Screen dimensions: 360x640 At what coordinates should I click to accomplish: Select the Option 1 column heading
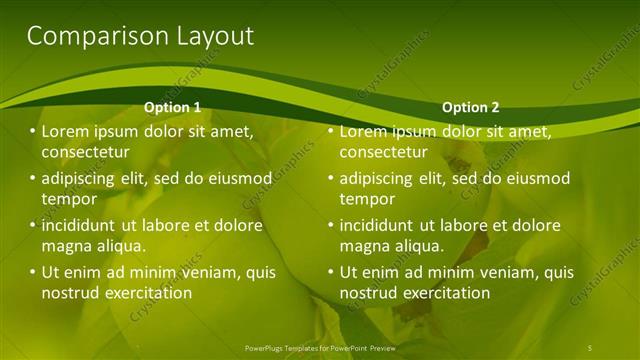[172, 107]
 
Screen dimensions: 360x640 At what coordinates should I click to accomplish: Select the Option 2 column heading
[470, 107]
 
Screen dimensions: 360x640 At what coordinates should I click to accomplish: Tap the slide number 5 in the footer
[590, 347]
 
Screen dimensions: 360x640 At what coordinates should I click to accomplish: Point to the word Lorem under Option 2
[364, 132]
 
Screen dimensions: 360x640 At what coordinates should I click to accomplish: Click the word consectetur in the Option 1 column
[86, 153]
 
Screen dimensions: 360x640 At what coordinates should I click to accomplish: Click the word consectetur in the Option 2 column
[384, 153]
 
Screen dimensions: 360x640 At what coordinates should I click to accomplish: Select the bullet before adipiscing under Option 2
[330, 179]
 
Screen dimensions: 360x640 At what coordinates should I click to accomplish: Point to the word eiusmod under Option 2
[536, 179]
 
